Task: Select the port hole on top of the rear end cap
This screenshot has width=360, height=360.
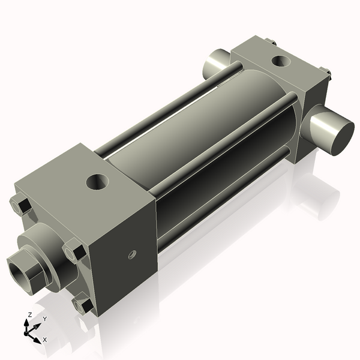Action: [280, 61]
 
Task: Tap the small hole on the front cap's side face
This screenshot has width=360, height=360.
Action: [132, 254]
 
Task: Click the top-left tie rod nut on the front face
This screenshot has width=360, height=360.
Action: [22, 206]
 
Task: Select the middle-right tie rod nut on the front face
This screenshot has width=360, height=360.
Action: [75, 251]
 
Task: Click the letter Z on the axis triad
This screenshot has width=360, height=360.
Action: [30, 314]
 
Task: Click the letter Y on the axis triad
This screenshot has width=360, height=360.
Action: [44, 319]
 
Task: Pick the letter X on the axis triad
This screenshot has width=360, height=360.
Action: [45, 340]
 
